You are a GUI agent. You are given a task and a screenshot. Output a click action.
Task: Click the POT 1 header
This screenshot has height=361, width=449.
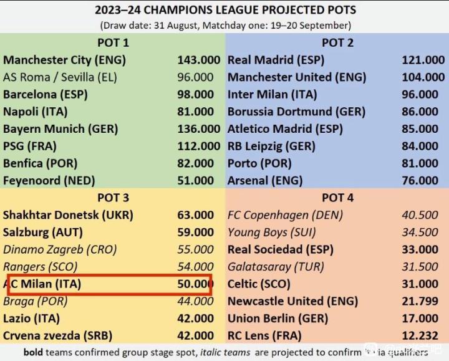point(113,42)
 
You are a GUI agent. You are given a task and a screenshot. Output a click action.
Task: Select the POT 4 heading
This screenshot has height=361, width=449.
point(337,198)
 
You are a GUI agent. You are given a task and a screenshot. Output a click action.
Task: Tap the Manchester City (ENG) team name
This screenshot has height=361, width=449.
point(64,60)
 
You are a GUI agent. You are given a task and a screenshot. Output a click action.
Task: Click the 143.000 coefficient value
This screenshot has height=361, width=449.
point(198,60)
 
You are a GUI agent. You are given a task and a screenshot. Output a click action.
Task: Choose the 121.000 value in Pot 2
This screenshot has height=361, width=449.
point(423,60)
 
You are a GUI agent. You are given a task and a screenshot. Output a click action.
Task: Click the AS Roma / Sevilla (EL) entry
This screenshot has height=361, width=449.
point(60,77)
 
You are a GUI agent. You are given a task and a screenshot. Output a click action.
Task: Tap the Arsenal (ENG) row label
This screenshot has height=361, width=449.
point(265,181)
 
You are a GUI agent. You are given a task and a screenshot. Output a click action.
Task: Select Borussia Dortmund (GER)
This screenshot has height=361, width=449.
point(296,112)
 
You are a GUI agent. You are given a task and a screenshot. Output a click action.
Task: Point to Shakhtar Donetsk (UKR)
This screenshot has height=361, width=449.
point(68,215)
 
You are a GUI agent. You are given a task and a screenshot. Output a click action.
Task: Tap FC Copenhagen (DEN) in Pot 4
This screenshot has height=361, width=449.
point(286,215)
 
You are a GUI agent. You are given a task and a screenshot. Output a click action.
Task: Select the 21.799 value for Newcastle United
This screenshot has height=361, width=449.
point(419,301)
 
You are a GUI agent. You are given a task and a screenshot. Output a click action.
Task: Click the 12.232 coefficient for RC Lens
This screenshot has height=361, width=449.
point(419,336)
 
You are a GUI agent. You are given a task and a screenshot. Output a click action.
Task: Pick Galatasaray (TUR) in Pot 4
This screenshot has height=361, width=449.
point(276,267)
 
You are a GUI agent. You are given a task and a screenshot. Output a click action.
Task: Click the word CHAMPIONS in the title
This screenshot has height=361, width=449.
point(187,11)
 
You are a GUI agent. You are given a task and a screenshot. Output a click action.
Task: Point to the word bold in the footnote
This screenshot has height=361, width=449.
point(35,352)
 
